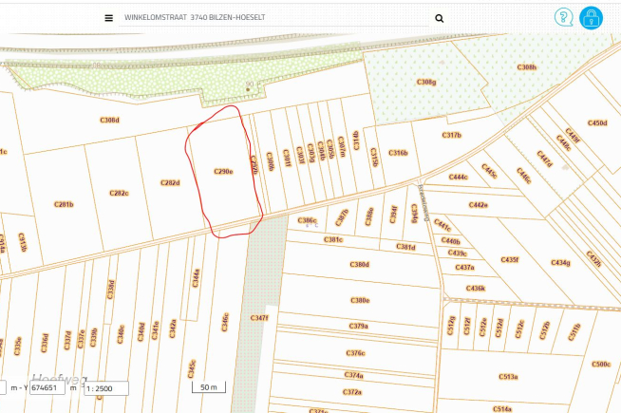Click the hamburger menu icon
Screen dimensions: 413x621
109,18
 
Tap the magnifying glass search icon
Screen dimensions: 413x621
439,18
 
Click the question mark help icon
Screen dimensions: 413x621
564,17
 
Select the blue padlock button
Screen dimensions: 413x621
592,17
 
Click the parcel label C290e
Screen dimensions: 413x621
223,172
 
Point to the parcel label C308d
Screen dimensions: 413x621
110,121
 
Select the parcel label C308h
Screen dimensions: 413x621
526,67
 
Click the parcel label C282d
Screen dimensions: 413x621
170,183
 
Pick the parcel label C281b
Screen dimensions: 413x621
64,204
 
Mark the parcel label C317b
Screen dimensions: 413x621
451,136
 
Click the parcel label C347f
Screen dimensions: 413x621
259,317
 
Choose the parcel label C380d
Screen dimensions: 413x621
360,264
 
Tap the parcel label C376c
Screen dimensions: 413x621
355,353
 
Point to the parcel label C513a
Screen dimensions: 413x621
509,377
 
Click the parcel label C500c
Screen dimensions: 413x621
600,364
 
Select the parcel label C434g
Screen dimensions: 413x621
560,263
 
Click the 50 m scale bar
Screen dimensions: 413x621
209,387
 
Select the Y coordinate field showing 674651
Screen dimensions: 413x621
47,388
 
